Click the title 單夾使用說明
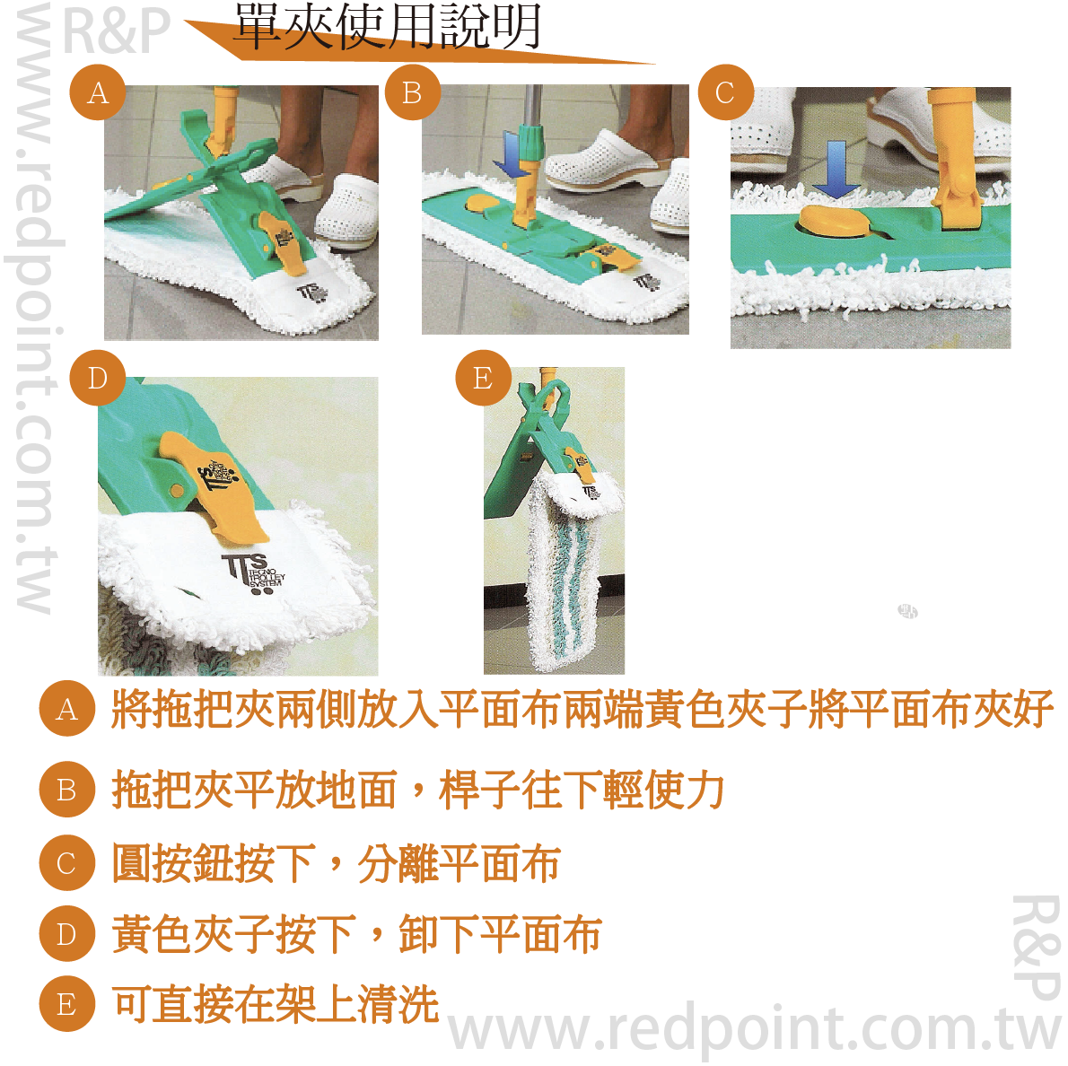pyautogui.click(x=388, y=27)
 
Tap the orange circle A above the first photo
pyautogui.click(x=98, y=92)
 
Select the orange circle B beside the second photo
pyautogui.click(x=412, y=92)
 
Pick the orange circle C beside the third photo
pyautogui.click(x=725, y=92)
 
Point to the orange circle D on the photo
pyautogui.click(x=98, y=378)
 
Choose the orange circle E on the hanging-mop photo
pyautogui.click(x=483, y=378)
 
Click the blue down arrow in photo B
pyautogui.click(x=511, y=153)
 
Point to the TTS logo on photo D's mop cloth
pyautogui.click(x=253, y=572)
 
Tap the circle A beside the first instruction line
pyautogui.click(x=66, y=708)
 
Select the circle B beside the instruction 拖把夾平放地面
pyautogui.click(x=66, y=790)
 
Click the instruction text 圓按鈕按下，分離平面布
pyautogui.click(x=336, y=863)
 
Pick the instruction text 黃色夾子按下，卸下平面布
pyautogui.click(x=356, y=934)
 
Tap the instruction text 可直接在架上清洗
pyautogui.click(x=276, y=1005)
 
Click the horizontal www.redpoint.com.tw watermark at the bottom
pyautogui.click(x=754, y=1029)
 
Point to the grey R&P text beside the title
pyautogui.click(x=116, y=31)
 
